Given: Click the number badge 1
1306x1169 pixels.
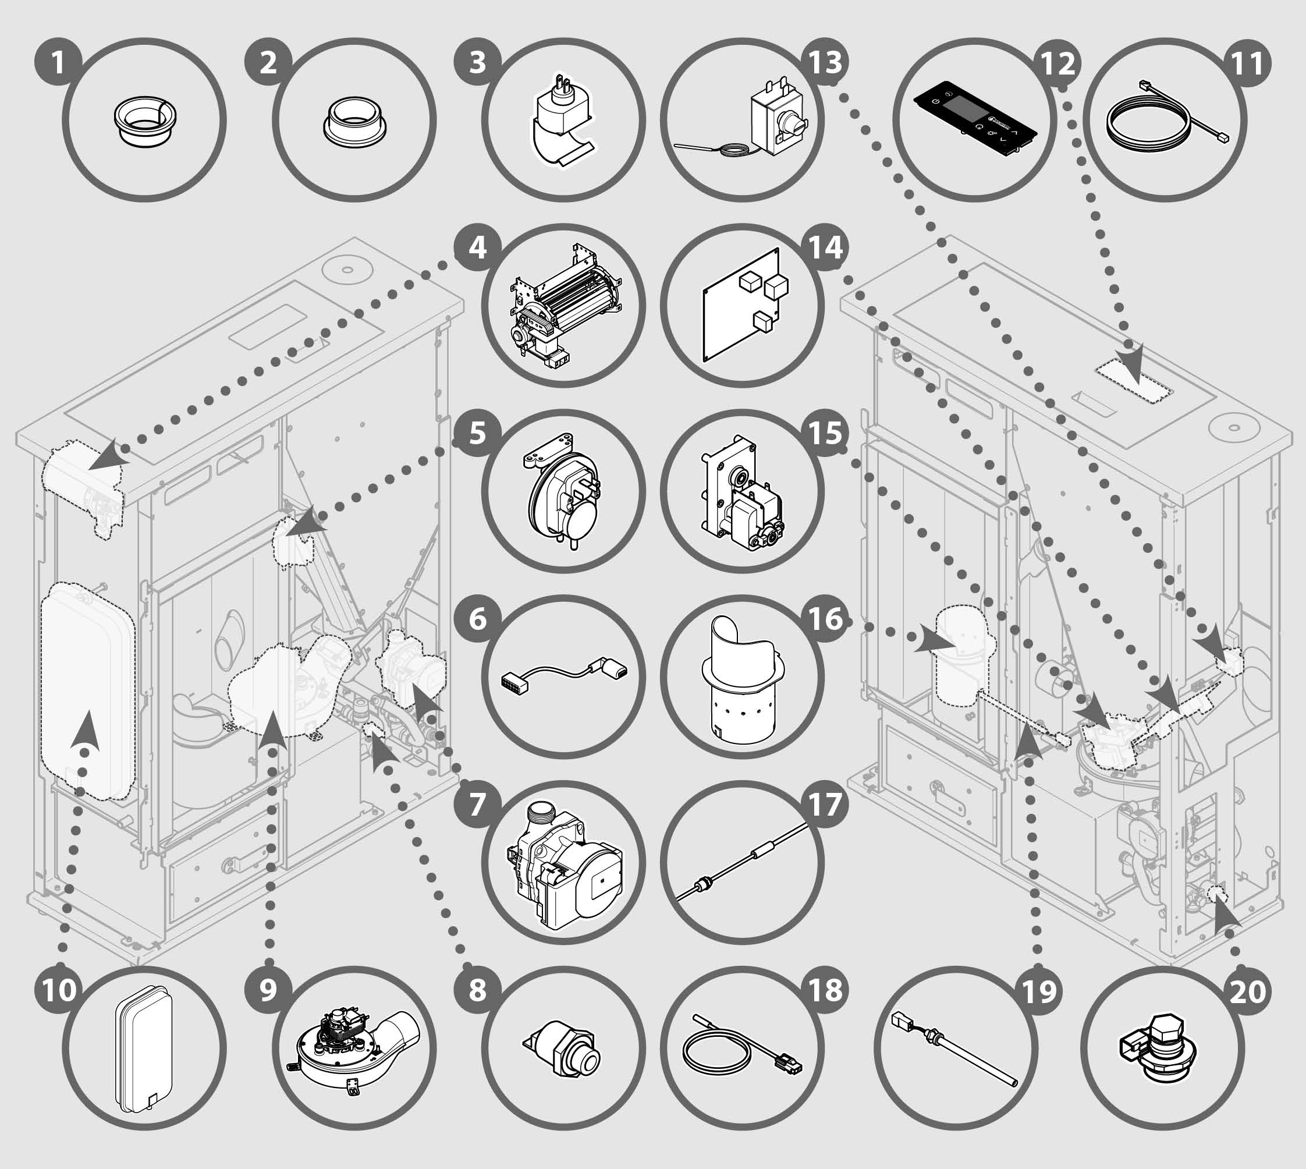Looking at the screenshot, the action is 58,63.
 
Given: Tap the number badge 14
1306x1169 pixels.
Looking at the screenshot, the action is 825,247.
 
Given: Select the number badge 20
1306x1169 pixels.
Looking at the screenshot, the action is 1248,990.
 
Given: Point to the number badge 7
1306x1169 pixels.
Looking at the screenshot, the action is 477,805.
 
